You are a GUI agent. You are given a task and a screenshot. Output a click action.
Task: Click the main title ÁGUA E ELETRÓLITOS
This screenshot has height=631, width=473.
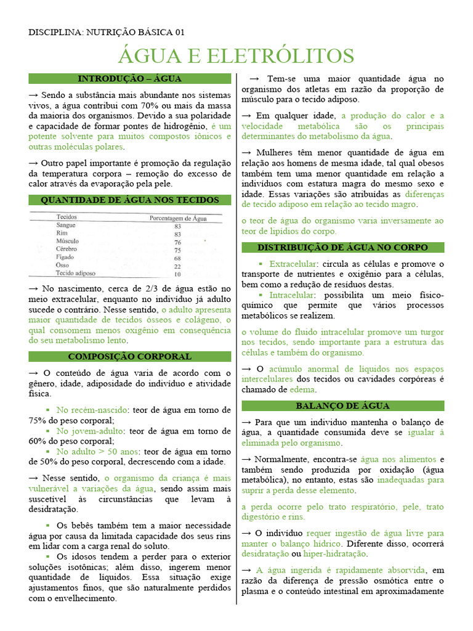[x=236, y=56]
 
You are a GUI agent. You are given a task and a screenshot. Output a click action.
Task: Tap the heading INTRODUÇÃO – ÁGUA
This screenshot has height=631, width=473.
[x=130, y=79]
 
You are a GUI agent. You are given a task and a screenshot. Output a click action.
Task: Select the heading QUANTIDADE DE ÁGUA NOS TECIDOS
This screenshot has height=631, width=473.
[x=130, y=200]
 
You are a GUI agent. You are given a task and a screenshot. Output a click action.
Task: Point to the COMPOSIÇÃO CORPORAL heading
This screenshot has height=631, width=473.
[x=130, y=357]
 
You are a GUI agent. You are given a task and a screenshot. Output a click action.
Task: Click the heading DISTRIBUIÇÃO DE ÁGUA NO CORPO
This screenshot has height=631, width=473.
[x=342, y=248]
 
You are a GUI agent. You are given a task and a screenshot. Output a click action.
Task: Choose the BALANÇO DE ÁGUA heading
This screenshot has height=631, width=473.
[x=342, y=406]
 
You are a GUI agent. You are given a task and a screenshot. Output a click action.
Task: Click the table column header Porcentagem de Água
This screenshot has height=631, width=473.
[x=178, y=218]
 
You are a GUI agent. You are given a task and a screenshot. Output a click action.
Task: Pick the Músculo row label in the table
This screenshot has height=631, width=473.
[x=68, y=242]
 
